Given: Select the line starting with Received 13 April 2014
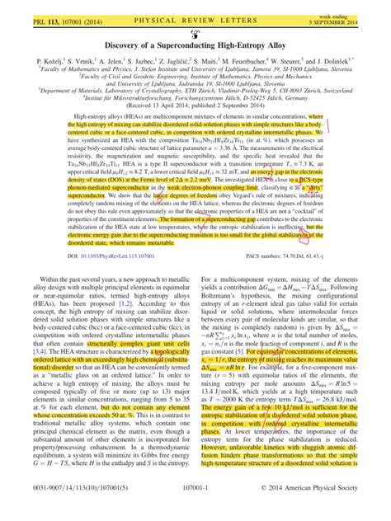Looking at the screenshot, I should (195, 109).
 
